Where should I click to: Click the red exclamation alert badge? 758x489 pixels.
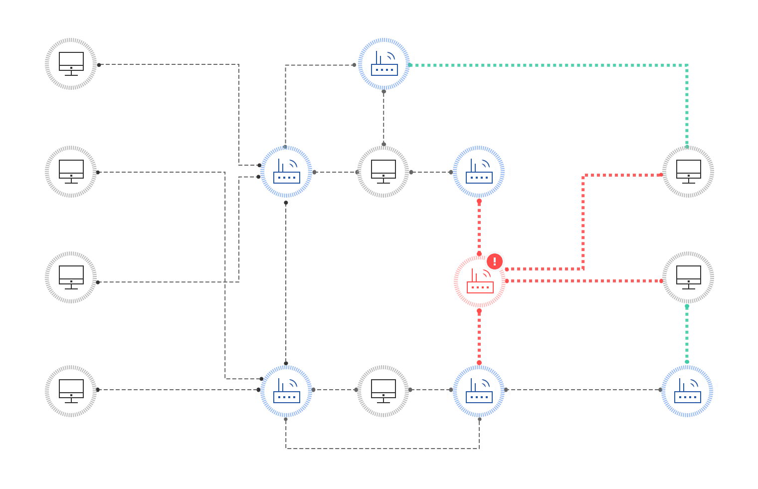coord(495,261)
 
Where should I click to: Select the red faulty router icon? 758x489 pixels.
coord(480,282)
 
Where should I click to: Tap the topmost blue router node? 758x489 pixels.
coord(384,64)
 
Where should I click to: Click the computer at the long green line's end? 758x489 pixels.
coord(688,172)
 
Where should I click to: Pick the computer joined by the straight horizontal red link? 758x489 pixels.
coord(688,277)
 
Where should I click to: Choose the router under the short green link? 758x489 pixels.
coord(687,391)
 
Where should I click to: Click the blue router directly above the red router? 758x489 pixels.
coord(479,172)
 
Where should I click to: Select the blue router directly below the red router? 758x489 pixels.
coord(479,391)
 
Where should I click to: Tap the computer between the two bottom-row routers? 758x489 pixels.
coord(383,391)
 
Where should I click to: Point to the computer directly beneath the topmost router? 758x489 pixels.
coord(383,172)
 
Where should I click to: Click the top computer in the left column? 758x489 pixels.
coord(71,64)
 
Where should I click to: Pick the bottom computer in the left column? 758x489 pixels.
coord(71,391)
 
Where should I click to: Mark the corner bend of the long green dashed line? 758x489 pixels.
coord(687,65)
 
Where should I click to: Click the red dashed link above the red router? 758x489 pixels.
coord(479,227)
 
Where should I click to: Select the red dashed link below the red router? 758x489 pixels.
coord(479,337)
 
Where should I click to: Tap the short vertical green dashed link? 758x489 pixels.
coord(687,333)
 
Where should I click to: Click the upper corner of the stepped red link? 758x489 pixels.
coord(583,175)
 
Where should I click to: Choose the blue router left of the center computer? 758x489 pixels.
coord(286,172)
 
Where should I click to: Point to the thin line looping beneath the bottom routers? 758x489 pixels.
coord(383,448)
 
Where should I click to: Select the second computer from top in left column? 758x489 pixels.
coord(71,172)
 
